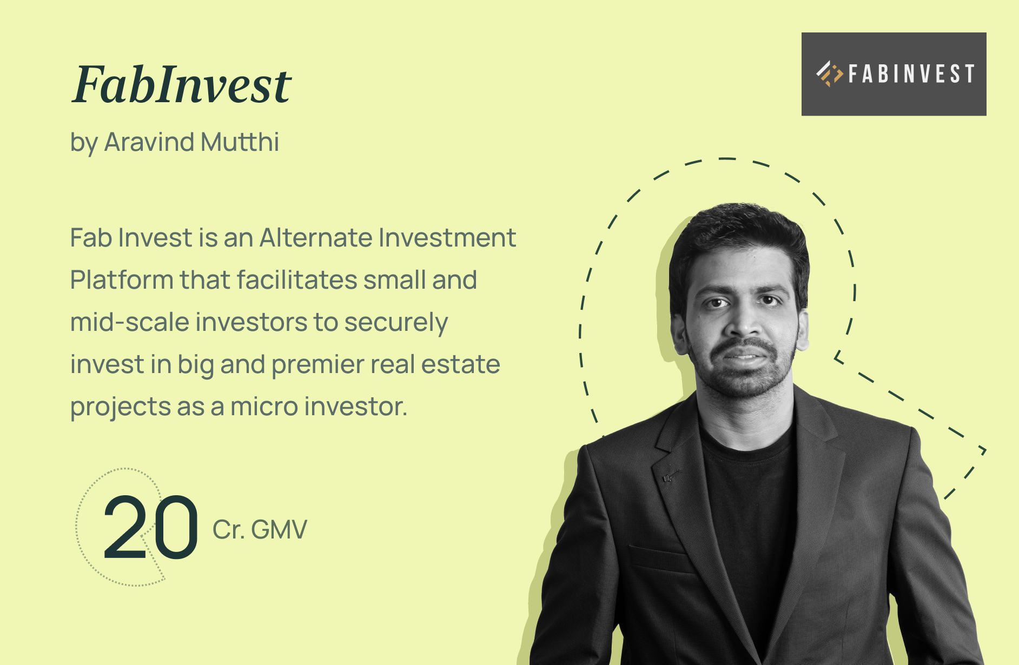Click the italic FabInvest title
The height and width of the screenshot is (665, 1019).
[x=182, y=84]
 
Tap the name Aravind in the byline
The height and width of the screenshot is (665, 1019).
[x=149, y=142]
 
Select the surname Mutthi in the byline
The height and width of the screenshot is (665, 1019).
[x=240, y=142]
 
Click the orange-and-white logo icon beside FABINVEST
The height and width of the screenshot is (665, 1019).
[x=830, y=74]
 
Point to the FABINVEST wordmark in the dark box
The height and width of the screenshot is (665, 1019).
[x=911, y=74]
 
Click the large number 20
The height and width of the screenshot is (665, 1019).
[x=150, y=528]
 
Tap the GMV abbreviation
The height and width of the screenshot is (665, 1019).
[x=279, y=529]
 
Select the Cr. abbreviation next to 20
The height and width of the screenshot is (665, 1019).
[x=228, y=529]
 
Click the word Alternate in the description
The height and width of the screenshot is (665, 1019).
[x=316, y=238]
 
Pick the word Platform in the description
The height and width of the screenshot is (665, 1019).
[x=122, y=280]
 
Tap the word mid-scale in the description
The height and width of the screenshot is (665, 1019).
[x=129, y=322]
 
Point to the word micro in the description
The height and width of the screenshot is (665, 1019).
[x=264, y=407]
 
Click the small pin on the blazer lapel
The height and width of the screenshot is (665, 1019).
[x=669, y=477]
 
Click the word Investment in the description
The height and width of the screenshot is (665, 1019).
[x=447, y=238]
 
